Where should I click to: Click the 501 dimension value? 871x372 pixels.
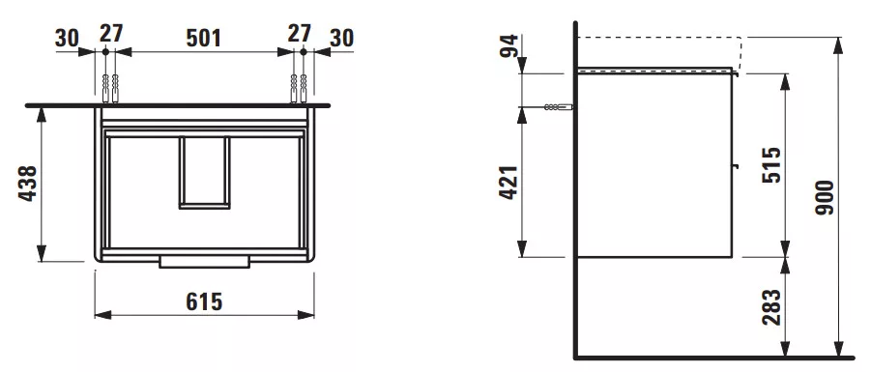203,39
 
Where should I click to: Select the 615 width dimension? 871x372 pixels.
204,302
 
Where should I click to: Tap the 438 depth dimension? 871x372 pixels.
28,184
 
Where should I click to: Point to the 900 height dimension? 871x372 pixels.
825,198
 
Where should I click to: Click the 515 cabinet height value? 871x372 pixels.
771,165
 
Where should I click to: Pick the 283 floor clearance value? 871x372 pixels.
771,307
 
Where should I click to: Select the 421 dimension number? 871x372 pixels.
508,183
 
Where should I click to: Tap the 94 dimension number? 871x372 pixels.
508,46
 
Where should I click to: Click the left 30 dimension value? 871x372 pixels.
67,39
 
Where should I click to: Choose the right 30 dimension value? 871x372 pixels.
341,39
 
